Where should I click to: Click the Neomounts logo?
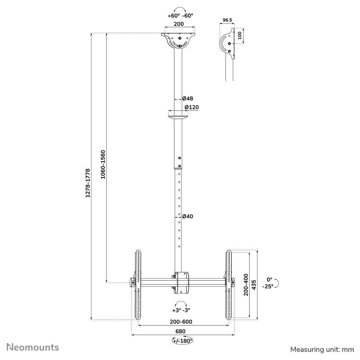[33, 347]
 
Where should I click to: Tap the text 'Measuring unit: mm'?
[322, 350]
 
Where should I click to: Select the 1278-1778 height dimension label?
[88, 183]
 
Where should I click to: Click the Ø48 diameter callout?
[188, 99]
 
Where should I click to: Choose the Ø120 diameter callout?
[192, 107]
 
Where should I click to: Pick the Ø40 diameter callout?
[188, 216]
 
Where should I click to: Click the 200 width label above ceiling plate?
[179, 24]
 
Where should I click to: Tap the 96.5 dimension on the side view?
[227, 20]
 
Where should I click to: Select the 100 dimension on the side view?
[240, 36]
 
